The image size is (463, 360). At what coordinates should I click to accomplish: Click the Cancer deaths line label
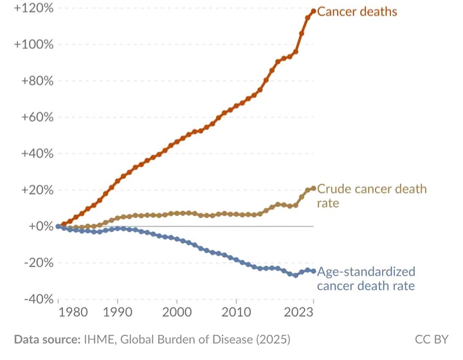(x=357, y=12)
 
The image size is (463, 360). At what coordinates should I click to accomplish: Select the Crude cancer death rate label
(x=372, y=196)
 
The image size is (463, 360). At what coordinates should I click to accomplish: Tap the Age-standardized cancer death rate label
(x=366, y=278)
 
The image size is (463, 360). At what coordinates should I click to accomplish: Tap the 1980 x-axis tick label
(x=76, y=313)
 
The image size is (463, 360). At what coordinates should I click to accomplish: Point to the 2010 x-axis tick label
(x=237, y=313)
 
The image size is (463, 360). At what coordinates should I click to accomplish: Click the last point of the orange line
(x=313, y=11)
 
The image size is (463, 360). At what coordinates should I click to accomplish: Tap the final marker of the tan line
(x=313, y=188)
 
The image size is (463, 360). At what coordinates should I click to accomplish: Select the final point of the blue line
(x=313, y=271)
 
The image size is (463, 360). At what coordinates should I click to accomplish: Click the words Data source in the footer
(x=46, y=339)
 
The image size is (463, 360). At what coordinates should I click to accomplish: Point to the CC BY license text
(x=431, y=339)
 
